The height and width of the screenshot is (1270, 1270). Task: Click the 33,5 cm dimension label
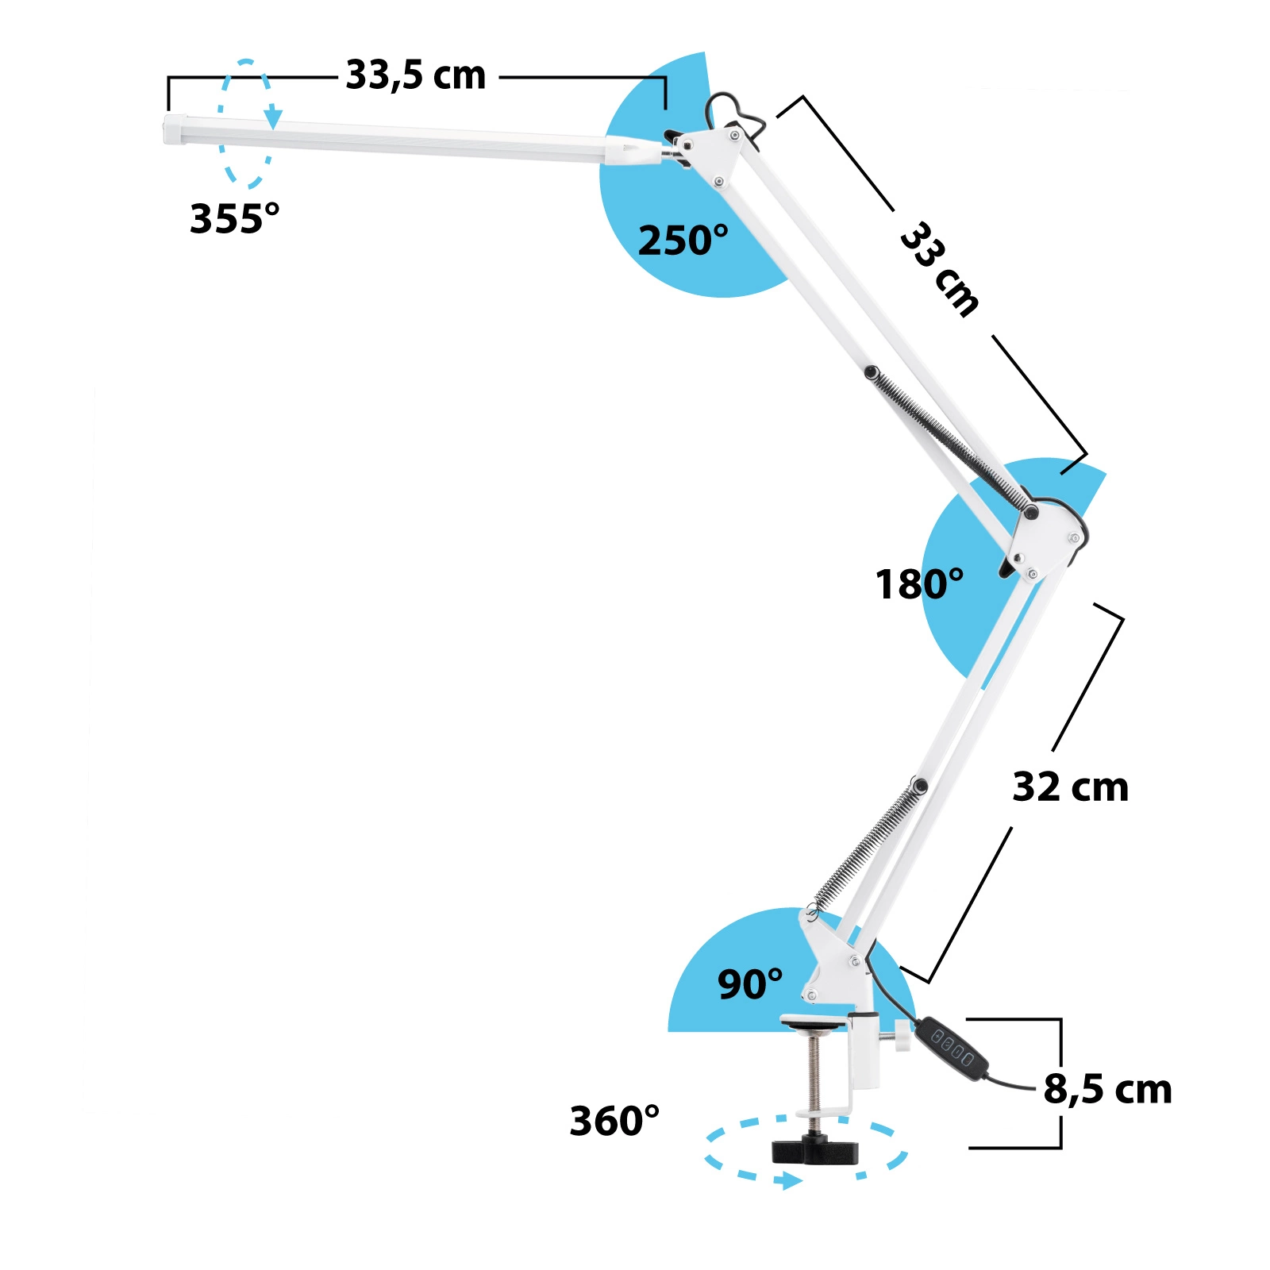point(415,76)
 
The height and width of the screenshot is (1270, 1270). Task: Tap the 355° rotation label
point(234,218)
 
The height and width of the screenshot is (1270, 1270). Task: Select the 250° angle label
point(683,240)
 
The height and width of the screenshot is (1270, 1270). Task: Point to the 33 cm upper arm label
point(940,270)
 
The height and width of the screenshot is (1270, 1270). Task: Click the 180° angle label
point(919,584)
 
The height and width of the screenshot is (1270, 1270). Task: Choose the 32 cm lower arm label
point(1070,787)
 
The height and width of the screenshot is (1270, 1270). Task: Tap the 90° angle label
point(750,984)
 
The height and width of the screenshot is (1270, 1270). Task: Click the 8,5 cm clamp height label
point(1107,1089)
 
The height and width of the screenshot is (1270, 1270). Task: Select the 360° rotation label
point(614,1121)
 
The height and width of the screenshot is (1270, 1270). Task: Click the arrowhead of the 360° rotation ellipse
point(788,1181)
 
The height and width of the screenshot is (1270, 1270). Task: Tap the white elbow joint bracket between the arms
point(1046,540)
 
